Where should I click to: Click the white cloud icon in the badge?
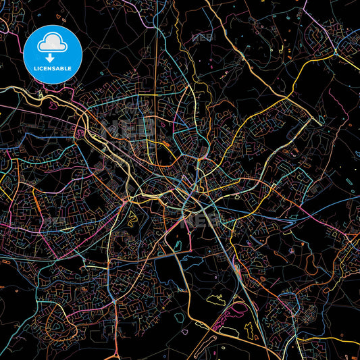click(x=52, y=44)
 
